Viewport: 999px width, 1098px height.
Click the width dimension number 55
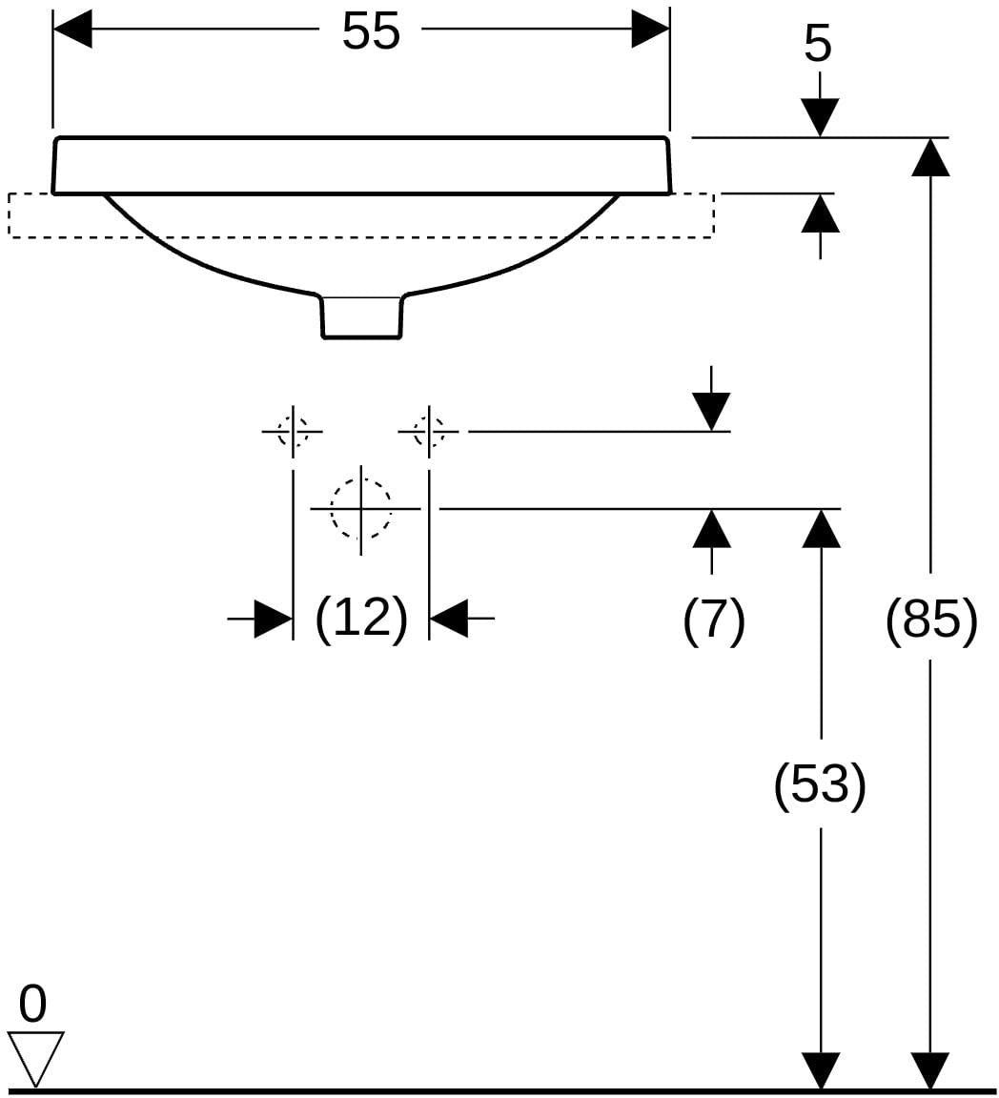(x=371, y=30)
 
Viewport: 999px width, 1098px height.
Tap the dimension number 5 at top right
(x=818, y=44)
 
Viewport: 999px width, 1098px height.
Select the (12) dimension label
(x=360, y=619)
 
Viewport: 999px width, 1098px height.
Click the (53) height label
(x=820, y=784)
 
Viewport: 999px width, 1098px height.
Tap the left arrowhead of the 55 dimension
(x=72, y=30)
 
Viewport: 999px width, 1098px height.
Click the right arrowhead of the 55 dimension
(x=651, y=30)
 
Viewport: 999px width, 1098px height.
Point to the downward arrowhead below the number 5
(x=819, y=118)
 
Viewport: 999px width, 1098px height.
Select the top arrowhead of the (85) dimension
(x=930, y=157)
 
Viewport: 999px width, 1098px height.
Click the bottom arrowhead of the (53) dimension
(x=821, y=1071)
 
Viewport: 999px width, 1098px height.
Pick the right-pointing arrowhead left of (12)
(x=274, y=619)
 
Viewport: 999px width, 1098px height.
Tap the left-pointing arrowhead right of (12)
(x=448, y=619)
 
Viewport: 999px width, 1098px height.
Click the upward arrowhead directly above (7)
(x=712, y=528)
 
